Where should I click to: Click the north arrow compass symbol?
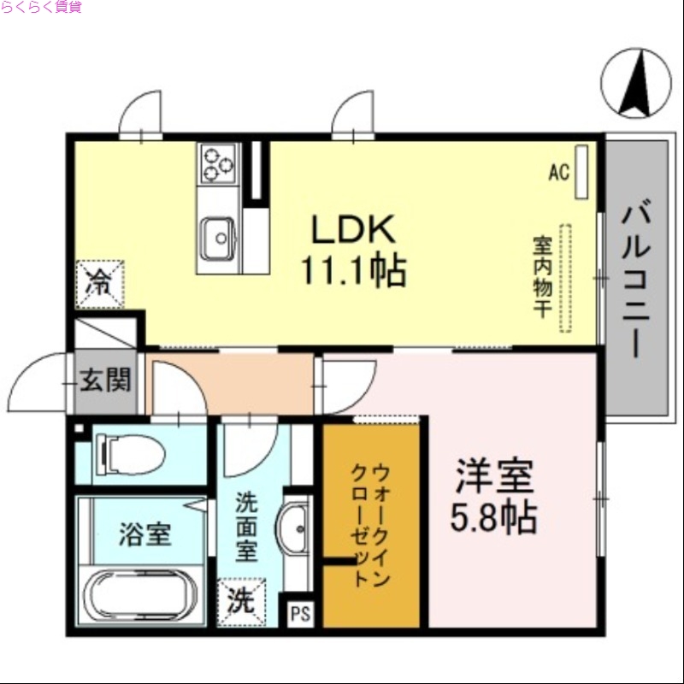click(635, 83)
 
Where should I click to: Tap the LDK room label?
click(351, 228)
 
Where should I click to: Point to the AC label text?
click(558, 172)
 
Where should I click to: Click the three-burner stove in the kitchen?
click(218, 162)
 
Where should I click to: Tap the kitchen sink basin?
click(219, 233)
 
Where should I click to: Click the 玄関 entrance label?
click(104, 380)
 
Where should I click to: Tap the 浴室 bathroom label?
click(144, 535)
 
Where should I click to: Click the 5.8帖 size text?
click(493, 517)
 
